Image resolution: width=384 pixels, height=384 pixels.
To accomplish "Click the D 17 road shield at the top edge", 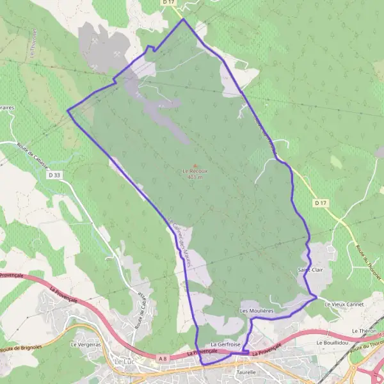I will pyautogui.click(x=168, y=3).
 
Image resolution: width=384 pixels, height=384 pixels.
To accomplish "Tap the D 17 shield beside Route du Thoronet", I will pyautogui.click(x=321, y=203).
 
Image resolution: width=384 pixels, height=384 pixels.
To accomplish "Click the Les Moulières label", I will pyautogui.click(x=257, y=310).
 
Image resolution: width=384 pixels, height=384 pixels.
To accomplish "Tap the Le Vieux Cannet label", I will pyautogui.click(x=344, y=304).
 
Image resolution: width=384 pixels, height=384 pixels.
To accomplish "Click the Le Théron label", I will pyautogui.click(x=364, y=330).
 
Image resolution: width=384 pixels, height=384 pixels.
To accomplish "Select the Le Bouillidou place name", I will pyautogui.click(x=332, y=343).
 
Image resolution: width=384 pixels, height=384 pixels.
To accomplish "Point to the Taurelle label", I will pyautogui.click(x=246, y=372).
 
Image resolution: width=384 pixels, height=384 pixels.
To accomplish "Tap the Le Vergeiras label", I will pyautogui.click(x=86, y=344).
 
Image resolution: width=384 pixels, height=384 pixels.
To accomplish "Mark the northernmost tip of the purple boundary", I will pyautogui.click(x=184, y=19).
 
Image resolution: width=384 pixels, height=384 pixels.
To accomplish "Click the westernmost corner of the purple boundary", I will pyautogui.click(x=67, y=110).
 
